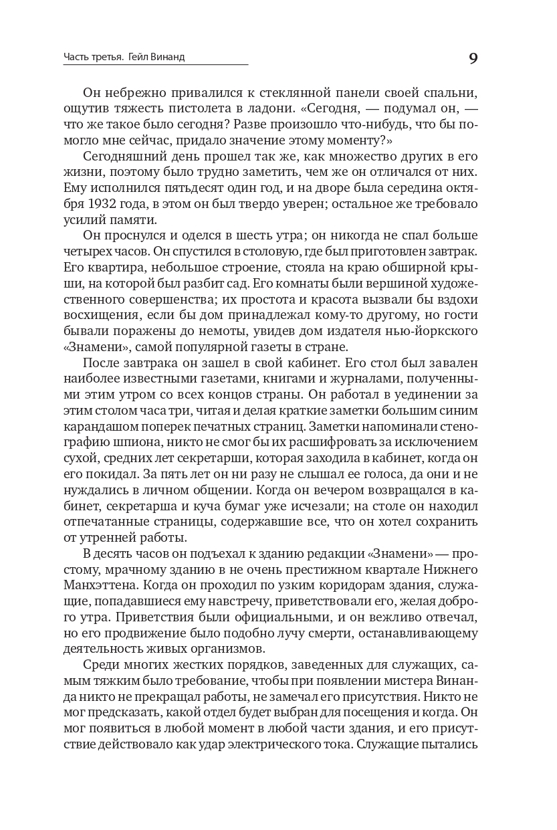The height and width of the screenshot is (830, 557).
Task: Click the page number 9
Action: tap(473, 58)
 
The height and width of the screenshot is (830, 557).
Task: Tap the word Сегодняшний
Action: tap(125, 157)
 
